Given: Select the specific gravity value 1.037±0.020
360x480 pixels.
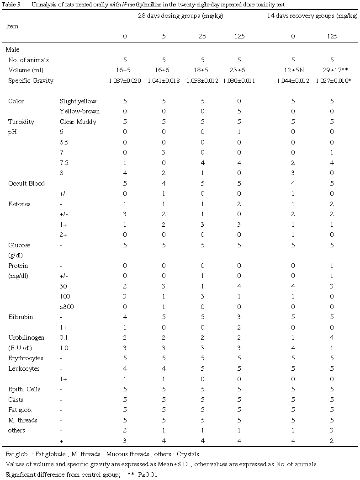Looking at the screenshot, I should (x=125, y=80).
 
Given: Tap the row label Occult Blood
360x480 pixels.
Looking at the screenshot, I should (x=26, y=183).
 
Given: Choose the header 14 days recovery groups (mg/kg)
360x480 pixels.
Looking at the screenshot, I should (x=312, y=16).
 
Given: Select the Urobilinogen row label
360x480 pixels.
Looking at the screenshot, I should (x=26, y=337).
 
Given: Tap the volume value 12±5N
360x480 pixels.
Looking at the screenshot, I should (x=293, y=70).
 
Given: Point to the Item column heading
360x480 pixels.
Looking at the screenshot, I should (x=12, y=26).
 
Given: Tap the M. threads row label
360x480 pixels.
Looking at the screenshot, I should (x=23, y=420).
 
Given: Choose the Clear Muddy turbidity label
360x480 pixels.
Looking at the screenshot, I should (x=78, y=122).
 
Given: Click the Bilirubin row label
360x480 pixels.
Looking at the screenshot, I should (x=21, y=317).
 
